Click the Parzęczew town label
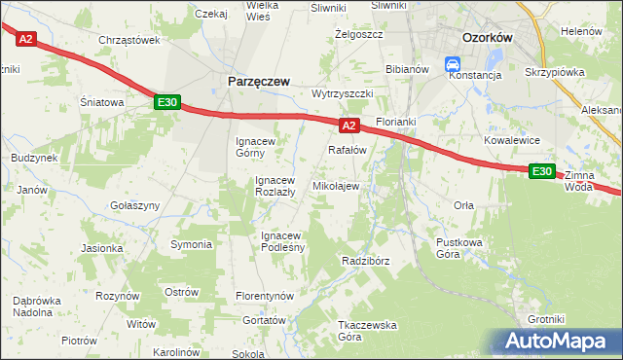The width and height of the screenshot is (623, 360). click(258, 83)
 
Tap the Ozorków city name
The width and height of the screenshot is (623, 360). click(487, 37)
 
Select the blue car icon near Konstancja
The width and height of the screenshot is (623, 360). click(453, 64)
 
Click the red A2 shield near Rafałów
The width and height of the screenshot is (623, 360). click(350, 126)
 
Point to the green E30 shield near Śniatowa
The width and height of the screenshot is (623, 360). click(165, 101)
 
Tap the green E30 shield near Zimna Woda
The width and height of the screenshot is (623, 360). click(542, 171)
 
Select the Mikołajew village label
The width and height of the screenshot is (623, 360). click(335, 186)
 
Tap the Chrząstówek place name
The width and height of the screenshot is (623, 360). click(128, 40)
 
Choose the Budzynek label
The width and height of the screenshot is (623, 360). click(34, 157)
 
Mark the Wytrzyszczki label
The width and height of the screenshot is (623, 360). click(343, 93)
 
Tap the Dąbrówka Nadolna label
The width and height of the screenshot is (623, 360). click(40, 306)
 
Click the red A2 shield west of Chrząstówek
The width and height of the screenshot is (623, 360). click(26, 39)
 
